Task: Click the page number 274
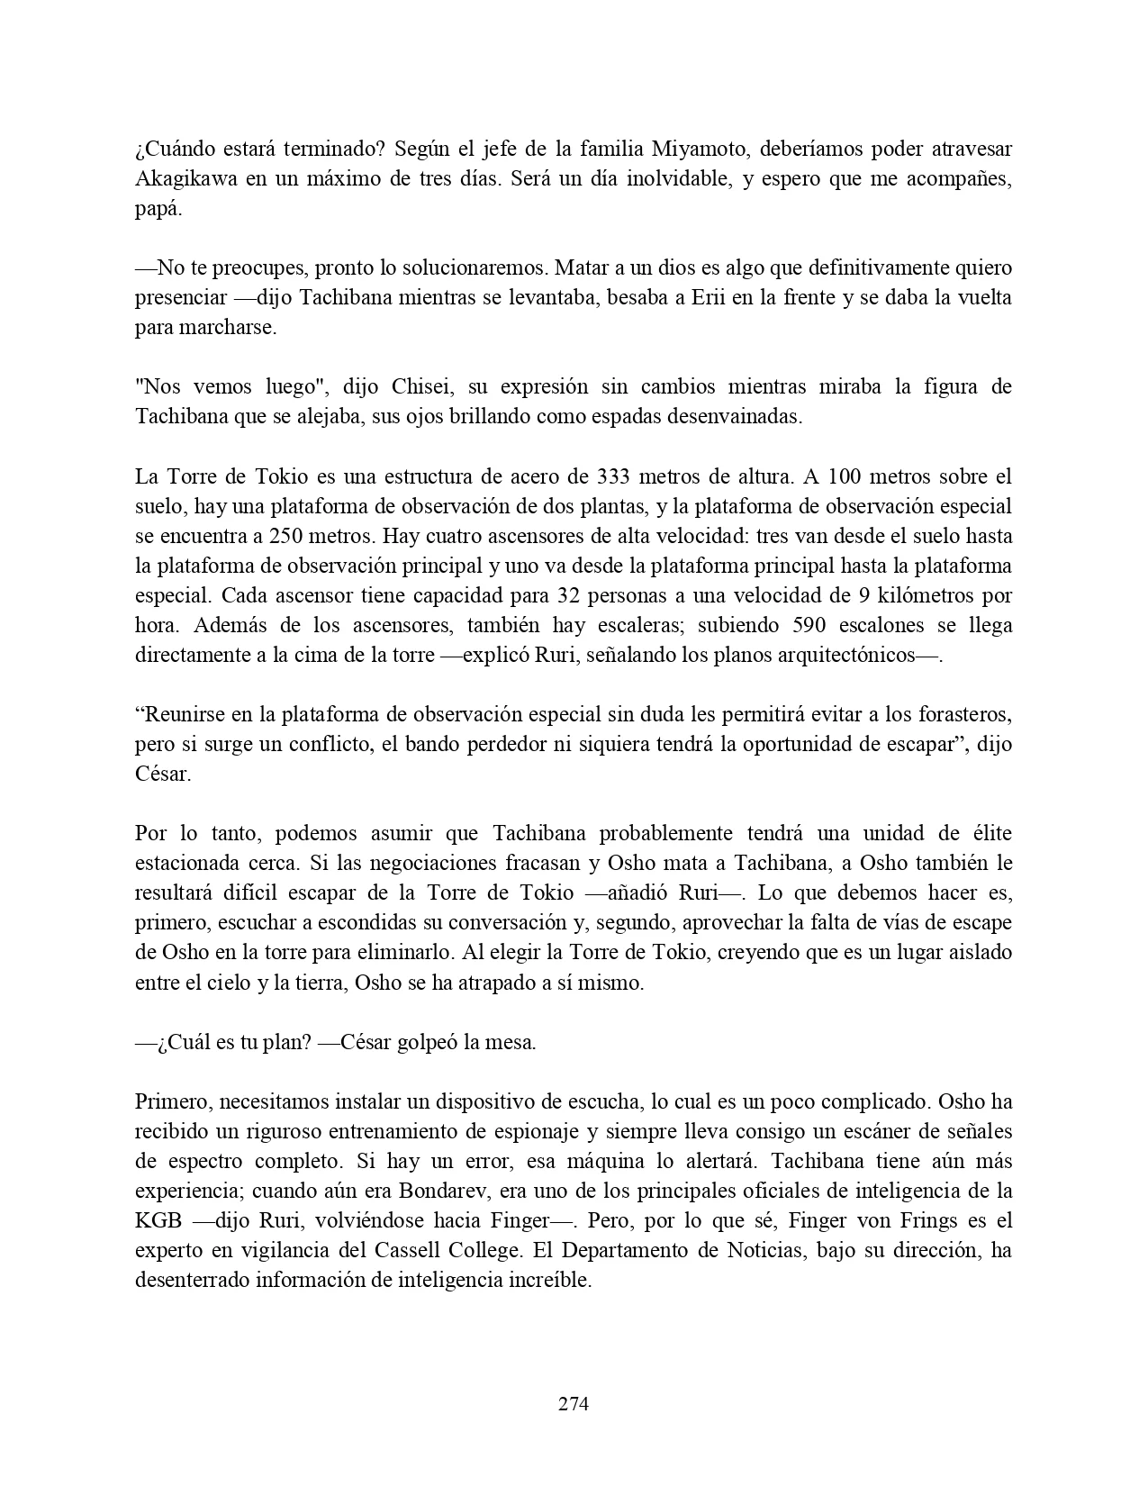[574, 1403]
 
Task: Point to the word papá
[158, 208]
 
